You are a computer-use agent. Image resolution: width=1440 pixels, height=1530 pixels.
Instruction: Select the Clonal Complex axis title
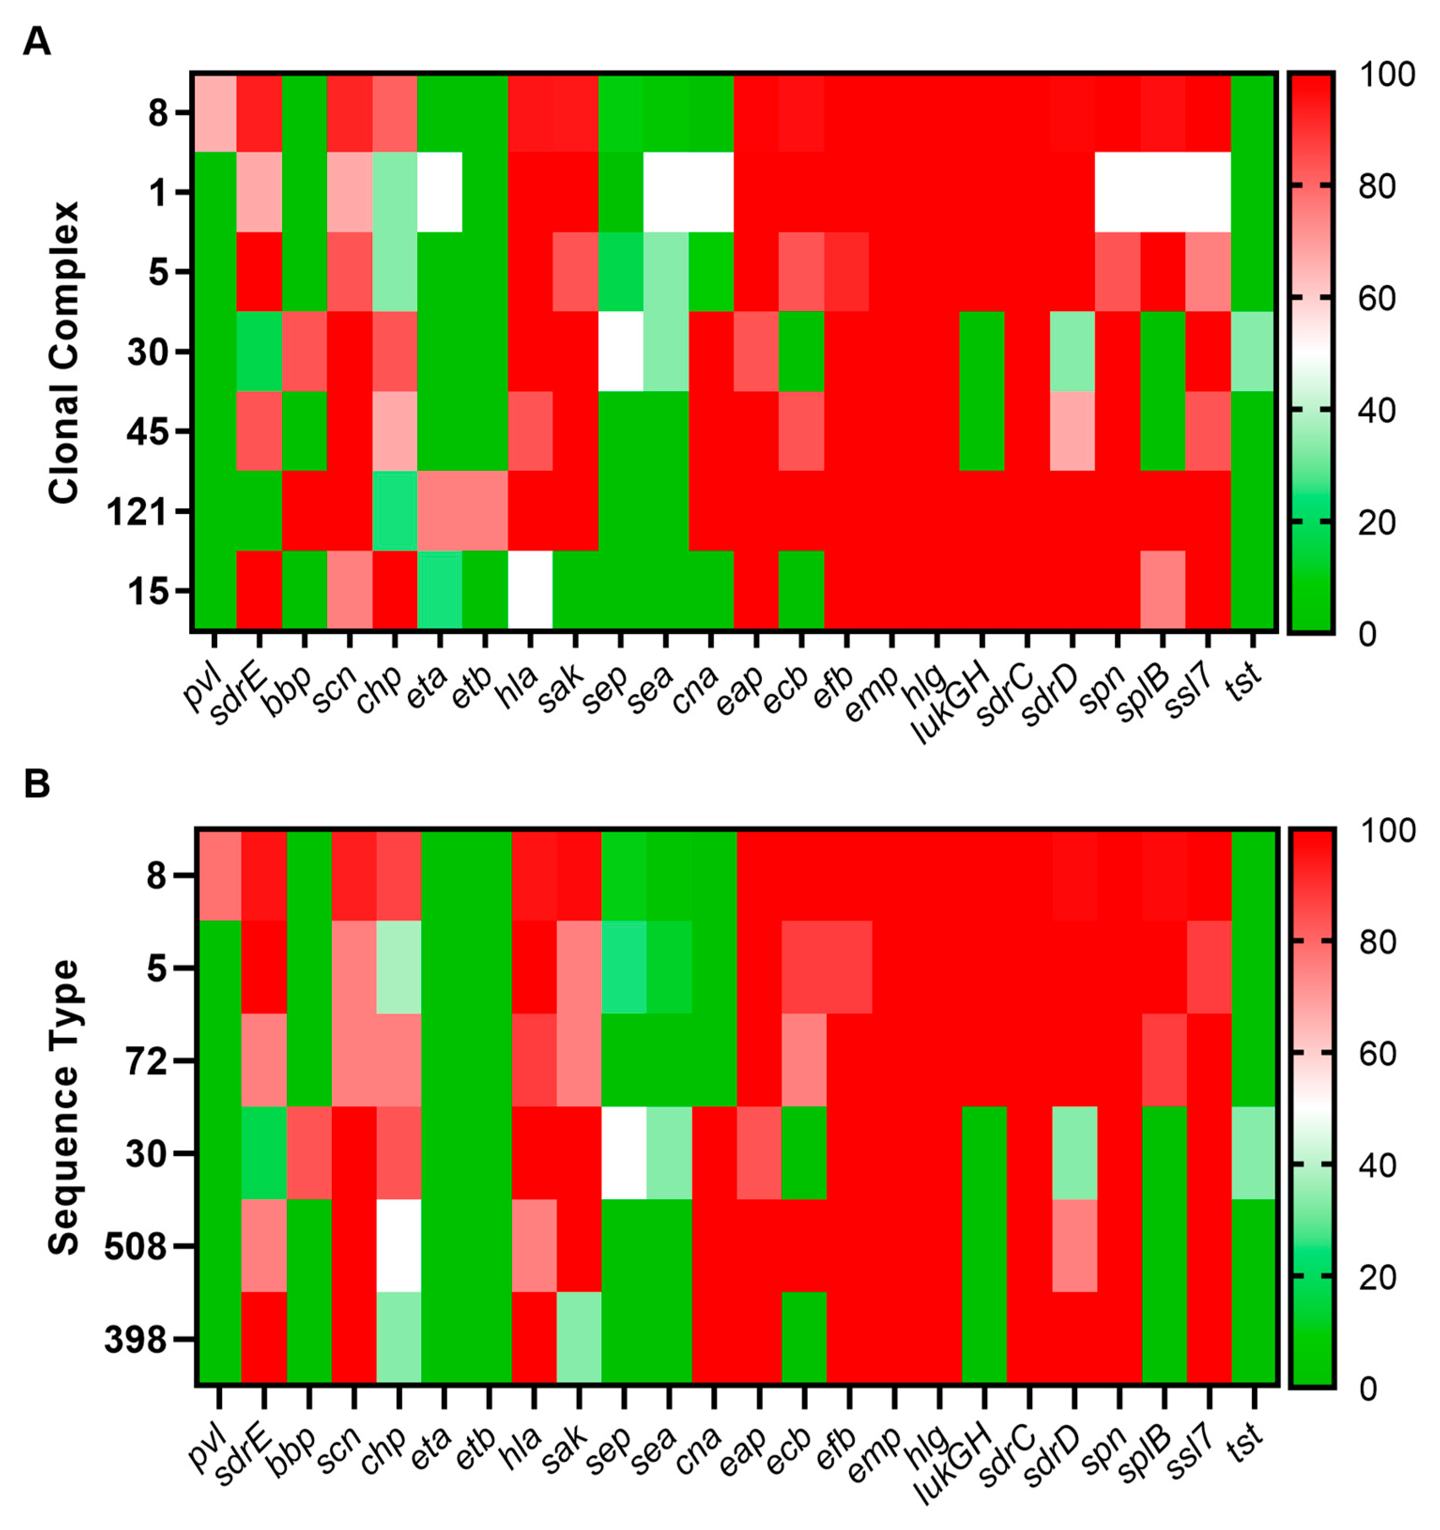point(64,352)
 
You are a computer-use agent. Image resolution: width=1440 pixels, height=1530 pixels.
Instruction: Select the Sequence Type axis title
point(64,1107)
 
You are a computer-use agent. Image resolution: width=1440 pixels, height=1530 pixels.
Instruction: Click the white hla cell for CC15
point(530,591)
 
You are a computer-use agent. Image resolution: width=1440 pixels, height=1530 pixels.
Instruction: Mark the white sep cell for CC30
point(621,351)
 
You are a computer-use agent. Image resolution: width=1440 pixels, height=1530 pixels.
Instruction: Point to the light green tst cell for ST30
point(1255,1153)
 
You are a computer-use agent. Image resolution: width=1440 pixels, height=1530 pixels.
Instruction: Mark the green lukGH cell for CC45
point(982,431)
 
